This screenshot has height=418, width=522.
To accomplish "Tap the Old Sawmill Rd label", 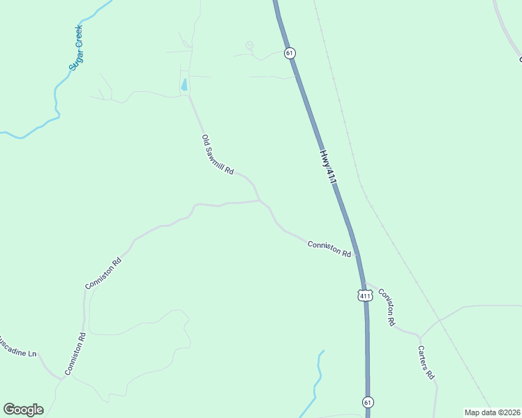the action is pos(217,155).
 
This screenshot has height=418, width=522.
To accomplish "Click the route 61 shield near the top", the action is pos(290,53).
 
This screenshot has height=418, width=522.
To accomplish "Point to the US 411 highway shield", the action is pos(364,295).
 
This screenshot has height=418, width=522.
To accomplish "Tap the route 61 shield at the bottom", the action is pos(368,402).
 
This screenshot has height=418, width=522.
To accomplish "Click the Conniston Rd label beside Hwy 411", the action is pos(329,248).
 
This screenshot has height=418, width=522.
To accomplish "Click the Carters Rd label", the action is pos(426,362).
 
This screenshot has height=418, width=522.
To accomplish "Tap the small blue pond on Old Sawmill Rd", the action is pos(184,85).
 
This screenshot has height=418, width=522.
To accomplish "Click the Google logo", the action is pos(23,410).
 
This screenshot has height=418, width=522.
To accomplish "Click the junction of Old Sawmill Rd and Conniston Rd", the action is pos(260,201).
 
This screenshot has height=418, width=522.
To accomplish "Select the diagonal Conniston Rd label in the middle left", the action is pos(103,273).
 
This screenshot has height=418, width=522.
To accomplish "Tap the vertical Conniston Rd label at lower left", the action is pos(75,354).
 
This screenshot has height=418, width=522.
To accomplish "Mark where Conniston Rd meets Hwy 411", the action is pos(357,255).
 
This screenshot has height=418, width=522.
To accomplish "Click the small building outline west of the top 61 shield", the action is pos(250,47).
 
